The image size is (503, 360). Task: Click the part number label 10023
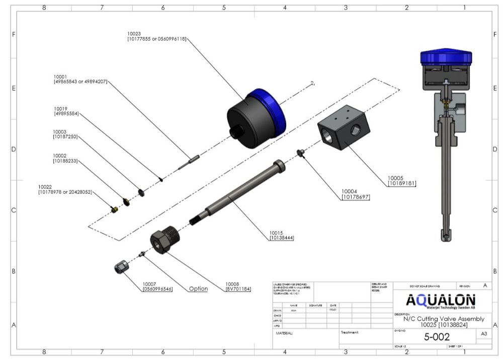click(x=134, y=33)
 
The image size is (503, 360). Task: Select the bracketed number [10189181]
click(x=401, y=184)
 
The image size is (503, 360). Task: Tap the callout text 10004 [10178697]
click(x=355, y=194)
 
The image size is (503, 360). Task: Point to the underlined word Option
click(x=198, y=289)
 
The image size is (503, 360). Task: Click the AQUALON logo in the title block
click(x=440, y=301)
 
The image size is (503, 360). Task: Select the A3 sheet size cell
click(x=484, y=334)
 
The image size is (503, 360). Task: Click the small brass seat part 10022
click(x=114, y=208)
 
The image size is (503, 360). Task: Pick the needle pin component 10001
click(x=189, y=161)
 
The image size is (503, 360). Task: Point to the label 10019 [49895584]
click(x=66, y=111)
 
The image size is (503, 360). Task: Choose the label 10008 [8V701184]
click(x=238, y=286)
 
